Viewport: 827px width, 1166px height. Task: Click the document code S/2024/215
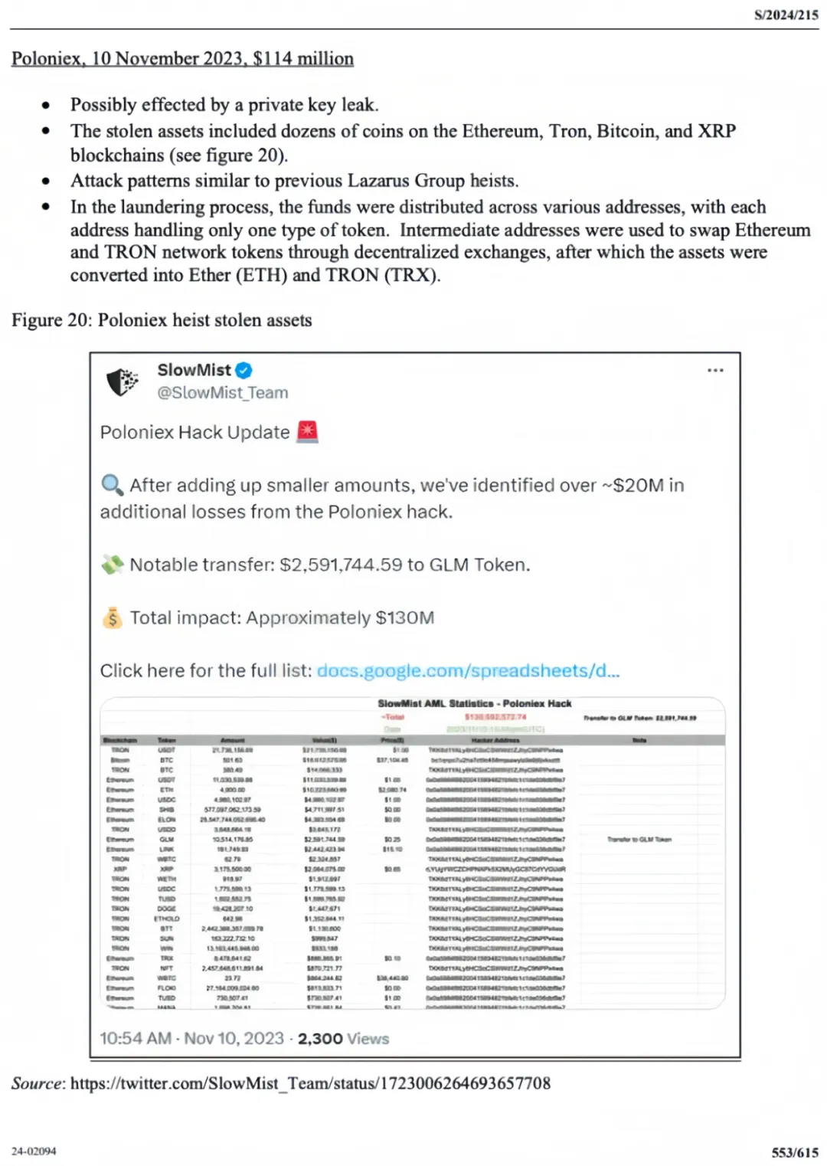tap(786, 15)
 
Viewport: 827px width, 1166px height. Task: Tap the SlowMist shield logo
tap(122, 382)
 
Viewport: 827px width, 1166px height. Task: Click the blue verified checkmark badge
tap(244, 371)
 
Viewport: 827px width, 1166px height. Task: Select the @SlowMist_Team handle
tap(223, 393)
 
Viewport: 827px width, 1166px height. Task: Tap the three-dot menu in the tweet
tap(715, 371)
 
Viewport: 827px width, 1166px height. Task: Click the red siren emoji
tap(307, 432)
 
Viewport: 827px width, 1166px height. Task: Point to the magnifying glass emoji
tap(112, 485)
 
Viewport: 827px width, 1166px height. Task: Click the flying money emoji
tap(112, 565)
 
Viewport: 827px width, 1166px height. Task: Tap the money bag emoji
tap(112, 618)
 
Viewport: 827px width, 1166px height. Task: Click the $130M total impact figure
tap(404, 618)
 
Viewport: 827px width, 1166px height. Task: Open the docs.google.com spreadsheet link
tap(468, 671)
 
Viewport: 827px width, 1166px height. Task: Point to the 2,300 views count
tap(320, 1039)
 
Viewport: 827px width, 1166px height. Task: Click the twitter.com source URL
tap(310, 1083)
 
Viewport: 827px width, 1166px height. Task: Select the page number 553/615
tap(794, 1152)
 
